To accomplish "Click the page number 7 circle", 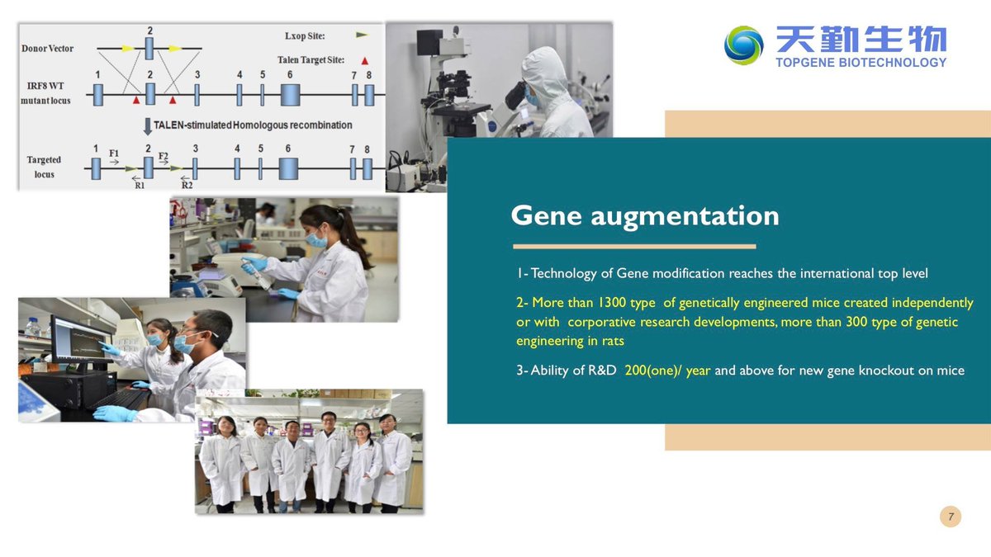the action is [951, 517].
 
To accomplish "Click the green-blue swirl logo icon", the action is [743, 45].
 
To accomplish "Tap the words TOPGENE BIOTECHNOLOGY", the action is [861, 63].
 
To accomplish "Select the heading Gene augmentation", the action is [645, 215].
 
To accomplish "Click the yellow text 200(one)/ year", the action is [667, 370].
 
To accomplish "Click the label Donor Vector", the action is [47, 48].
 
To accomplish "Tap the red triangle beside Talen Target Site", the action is [364, 60].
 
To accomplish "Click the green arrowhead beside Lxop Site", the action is [362, 35].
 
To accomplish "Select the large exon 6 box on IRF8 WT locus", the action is [290, 95].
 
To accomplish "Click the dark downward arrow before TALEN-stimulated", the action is [148, 126].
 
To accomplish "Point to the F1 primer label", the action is [114, 153].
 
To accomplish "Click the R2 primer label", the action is [187, 185].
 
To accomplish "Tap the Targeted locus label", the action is [44, 167].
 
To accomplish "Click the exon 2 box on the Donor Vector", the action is [149, 48].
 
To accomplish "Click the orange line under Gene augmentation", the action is [634, 246].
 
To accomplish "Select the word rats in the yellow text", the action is [613, 341].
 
